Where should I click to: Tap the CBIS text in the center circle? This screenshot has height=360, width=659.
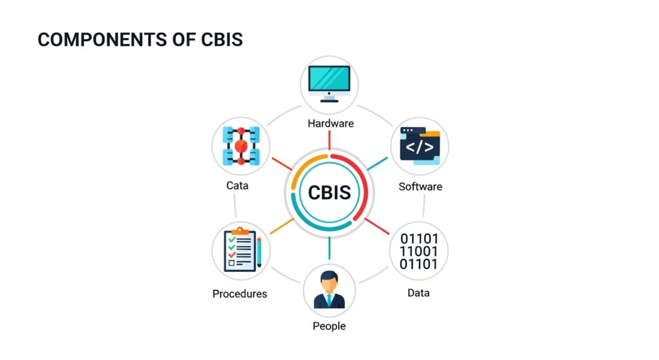329,193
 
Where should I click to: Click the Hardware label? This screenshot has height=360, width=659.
330,123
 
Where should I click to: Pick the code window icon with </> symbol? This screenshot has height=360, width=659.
420,146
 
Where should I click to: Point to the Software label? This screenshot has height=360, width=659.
420,187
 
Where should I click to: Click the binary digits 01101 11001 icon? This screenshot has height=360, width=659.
419,251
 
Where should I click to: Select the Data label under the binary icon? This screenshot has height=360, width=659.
418,293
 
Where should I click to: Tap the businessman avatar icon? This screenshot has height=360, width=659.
329,289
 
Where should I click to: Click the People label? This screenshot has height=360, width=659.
329,326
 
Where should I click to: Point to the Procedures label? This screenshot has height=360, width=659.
239,294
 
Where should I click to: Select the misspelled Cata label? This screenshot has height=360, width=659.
237,185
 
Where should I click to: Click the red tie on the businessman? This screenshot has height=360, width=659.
329,300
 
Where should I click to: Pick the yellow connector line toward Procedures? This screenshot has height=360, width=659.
282,225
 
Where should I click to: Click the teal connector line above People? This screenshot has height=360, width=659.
329,248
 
